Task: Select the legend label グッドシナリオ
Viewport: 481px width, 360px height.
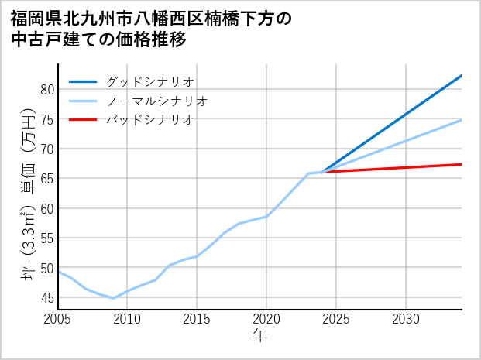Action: click(x=150, y=81)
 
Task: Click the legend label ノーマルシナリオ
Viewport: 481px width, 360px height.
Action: click(x=157, y=101)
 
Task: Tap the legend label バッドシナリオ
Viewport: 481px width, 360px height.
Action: click(x=150, y=120)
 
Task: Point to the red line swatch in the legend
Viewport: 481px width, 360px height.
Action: click(x=83, y=120)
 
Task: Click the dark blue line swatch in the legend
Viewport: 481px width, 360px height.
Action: click(x=83, y=81)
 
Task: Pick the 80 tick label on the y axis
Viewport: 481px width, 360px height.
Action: click(x=46, y=90)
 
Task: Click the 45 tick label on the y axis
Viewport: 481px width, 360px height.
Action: click(x=46, y=298)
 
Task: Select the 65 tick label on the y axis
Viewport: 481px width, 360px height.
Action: click(x=46, y=179)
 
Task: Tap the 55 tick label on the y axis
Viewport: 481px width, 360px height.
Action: click(x=46, y=238)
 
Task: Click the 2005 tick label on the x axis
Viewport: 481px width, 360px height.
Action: click(x=58, y=319)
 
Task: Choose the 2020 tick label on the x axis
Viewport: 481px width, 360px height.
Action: click(x=266, y=319)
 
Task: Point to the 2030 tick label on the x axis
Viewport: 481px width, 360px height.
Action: click(x=406, y=319)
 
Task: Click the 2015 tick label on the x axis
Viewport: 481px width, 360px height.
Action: click(x=197, y=319)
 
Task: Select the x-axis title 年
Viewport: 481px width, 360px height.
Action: click(x=259, y=336)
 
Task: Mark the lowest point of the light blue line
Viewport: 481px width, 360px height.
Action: click(x=113, y=298)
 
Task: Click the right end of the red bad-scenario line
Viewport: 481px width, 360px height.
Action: click(x=462, y=164)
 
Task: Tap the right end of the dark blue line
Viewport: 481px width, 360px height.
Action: click(x=462, y=76)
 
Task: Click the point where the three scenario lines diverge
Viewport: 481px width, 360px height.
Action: click(x=322, y=172)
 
